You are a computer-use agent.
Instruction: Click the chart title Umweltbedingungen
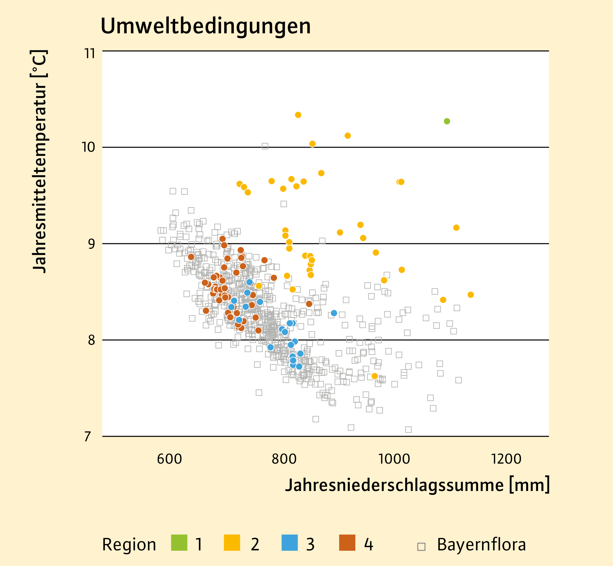click(205, 26)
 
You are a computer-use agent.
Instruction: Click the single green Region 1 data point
click(447, 121)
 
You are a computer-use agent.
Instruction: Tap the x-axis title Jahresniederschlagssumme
click(417, 485)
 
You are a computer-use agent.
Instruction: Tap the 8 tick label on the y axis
click(91, 340)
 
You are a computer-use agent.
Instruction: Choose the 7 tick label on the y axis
click(88, 436)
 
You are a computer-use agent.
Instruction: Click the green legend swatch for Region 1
click(179, 543)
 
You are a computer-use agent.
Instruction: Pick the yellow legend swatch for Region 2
click(232, 543)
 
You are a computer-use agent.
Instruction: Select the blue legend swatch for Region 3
click(289, 543)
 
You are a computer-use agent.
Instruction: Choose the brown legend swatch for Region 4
click(347, 543)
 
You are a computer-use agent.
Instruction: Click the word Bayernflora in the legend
click(481, 544)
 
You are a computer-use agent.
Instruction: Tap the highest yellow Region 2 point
click(298, 115)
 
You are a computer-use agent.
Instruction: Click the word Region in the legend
click(129, 545)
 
